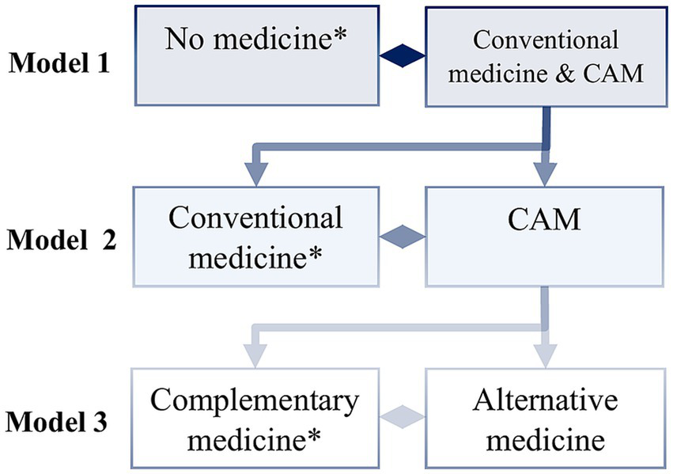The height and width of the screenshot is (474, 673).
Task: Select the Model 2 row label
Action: point(62,239)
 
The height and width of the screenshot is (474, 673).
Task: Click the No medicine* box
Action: point(257,55)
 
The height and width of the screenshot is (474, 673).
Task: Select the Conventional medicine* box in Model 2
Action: point(257,235)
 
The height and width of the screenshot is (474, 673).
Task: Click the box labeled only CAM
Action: point(544,235)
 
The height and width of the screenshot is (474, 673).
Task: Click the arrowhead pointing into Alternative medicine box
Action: point(544,355)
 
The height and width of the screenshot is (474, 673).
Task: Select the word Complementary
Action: point(254,401)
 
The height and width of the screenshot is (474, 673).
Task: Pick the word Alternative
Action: point(545,401)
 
